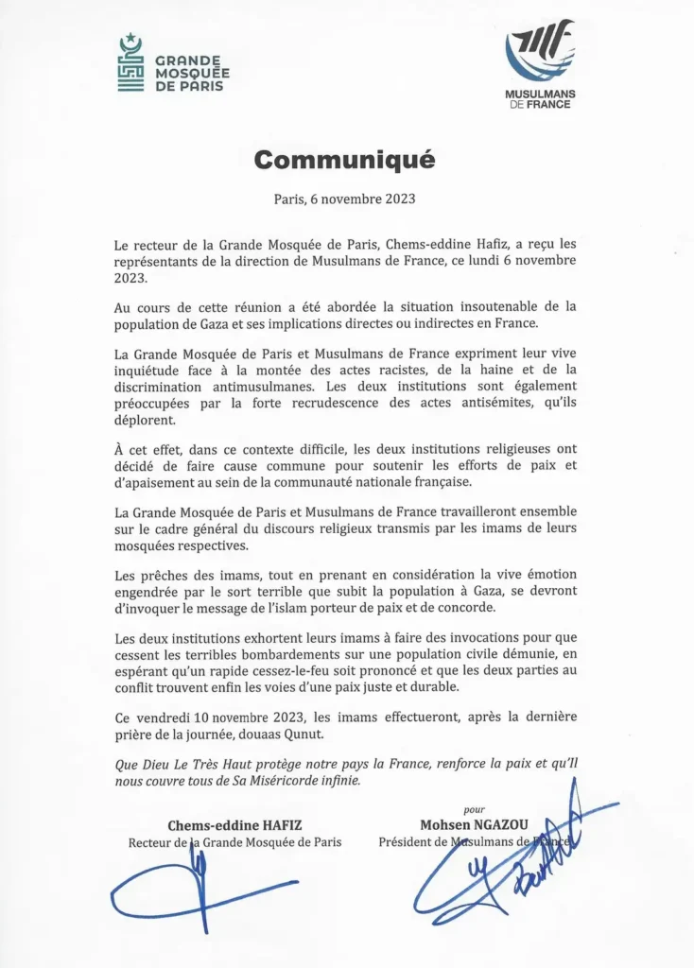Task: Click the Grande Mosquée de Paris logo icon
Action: click(x=130, y=64)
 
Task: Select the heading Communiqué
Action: click(x=344, y=160)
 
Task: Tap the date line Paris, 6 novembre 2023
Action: click(x=344, y=199)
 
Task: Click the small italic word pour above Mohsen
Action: click(x=475, y=809)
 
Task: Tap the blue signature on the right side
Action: click(x=511, y=865)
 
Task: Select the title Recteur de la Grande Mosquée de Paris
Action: click(x=234, y=841)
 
